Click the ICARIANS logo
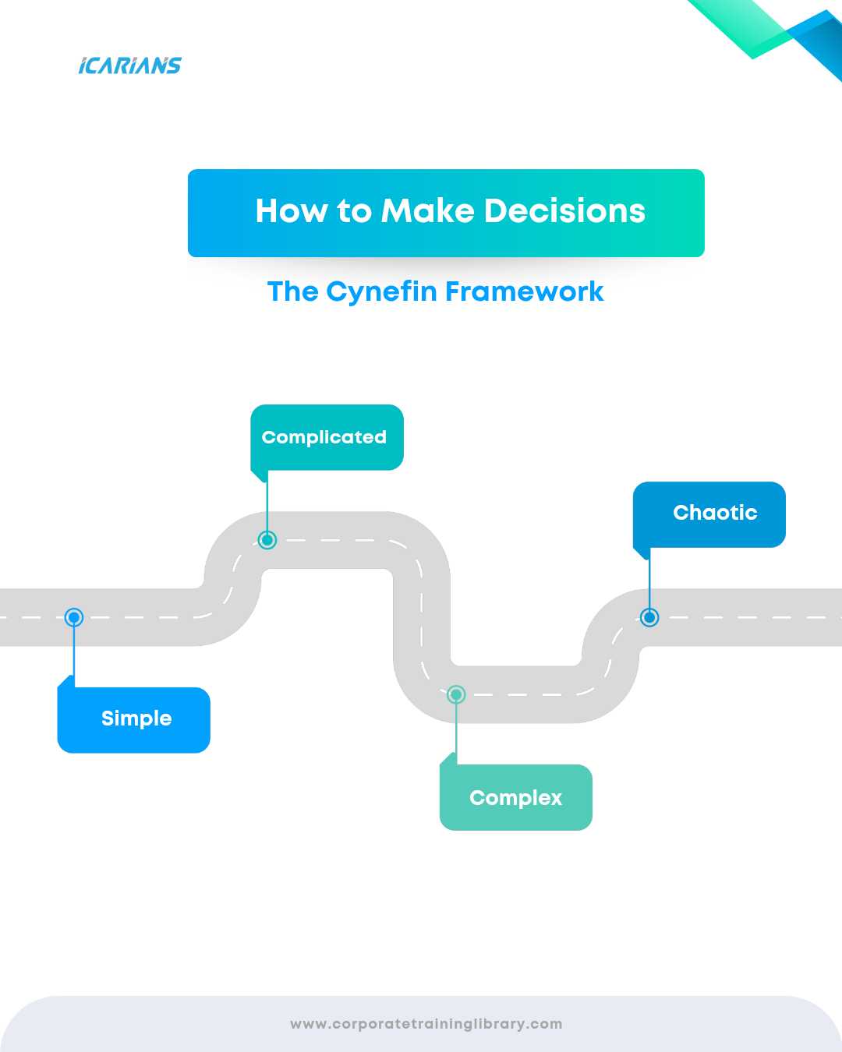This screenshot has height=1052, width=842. [129, 65]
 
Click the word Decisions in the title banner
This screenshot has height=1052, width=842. [564, 211]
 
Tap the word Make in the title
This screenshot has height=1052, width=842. [427, 211]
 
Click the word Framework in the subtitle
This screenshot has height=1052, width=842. [525, 291]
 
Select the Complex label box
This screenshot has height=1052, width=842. [516, 797]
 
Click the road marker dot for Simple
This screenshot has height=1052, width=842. [74, 618]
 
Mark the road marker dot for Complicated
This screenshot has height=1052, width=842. [267, 539]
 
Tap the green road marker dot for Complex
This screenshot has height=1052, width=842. [456, 694]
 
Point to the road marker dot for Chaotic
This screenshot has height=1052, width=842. [649, 617]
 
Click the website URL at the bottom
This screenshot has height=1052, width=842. [426, 1024]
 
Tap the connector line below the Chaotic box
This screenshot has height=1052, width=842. [649, 581]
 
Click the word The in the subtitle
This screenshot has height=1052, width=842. [293, 291]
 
